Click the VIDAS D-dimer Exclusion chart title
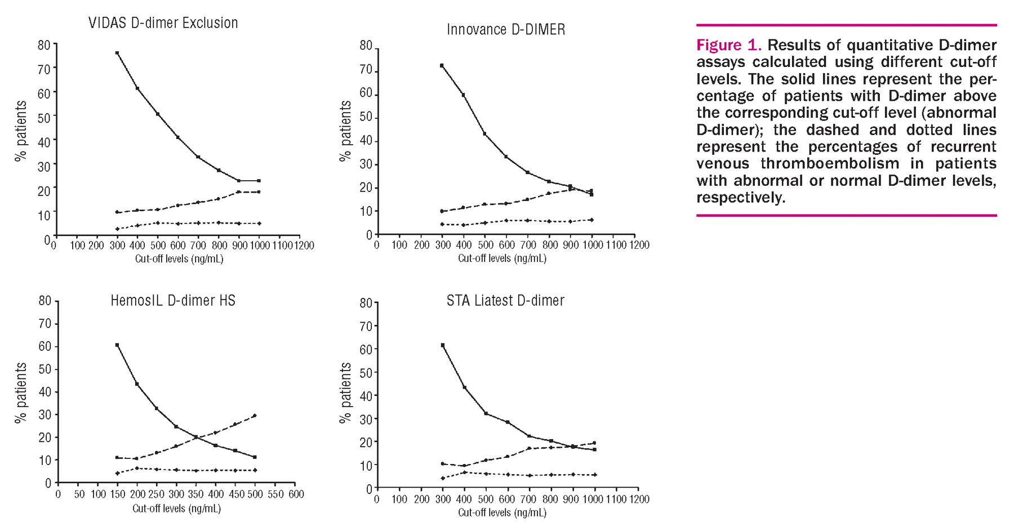pyautogui.click(x=163, y=23)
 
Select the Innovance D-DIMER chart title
pyautogui.click(x=506, y=30)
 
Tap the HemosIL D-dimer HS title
pyautogui.click(x=173, y=301)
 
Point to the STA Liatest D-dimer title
pyautogui.click(x=505, y=301)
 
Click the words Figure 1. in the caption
pyautogui.click(x=728, y=45)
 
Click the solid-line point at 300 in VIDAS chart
pyautogui.click(x=117, y=53)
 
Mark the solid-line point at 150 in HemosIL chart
pyautogui.click(x=117, y=345)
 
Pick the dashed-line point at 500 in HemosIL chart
pyautogui.click(x=255, y=416)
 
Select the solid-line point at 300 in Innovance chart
pyautogui.click(x=442, y=65)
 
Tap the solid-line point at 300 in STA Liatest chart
pyautogui.click(x=442, y=345)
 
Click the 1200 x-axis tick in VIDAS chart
pyautogui.click(x=304, y=246)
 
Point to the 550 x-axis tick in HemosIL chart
pyautogui.click(x=275, y=494)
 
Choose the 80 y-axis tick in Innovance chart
pyautogui.click(x=366, y=46)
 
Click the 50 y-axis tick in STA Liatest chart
pyautogui.click(x=366, y=373)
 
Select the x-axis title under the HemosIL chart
pyautogui.click(x=176, y=508)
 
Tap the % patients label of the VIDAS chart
pyautogui.click(x=21, y=131)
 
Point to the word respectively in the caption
pyautogui.click(x=740, y=198)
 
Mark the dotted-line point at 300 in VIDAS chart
pyautogui.click(x=117, y=229)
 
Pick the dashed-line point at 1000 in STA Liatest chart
pyautogui.click(x=594, y=443)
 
